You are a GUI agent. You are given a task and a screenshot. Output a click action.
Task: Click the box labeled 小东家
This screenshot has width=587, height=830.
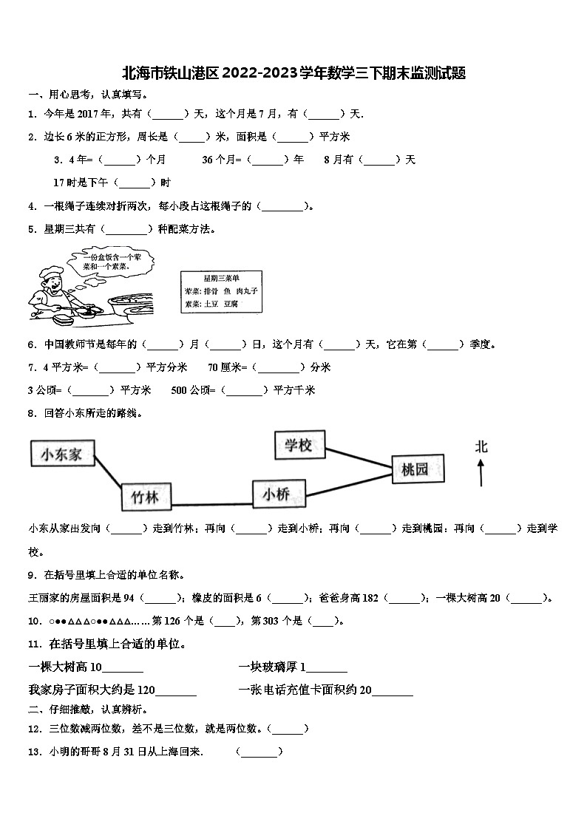(62, 454)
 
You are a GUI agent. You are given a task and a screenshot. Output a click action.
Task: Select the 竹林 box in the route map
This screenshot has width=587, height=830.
(145, 496)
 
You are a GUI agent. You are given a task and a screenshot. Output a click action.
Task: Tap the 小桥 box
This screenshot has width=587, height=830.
(279, 494)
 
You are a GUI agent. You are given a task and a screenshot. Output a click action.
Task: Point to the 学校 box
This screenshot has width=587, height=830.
(299, 445)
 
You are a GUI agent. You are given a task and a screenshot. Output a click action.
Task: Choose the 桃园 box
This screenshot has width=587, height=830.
(419, 469)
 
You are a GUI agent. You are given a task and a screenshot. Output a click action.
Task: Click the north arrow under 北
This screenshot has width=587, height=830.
(481, 472)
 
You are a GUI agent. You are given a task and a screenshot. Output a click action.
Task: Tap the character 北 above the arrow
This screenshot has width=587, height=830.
(481, 446)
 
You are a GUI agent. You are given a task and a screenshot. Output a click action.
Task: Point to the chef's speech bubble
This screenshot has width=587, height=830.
(107, 261)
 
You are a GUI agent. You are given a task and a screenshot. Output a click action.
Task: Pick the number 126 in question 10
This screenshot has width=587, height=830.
(171, 621)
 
